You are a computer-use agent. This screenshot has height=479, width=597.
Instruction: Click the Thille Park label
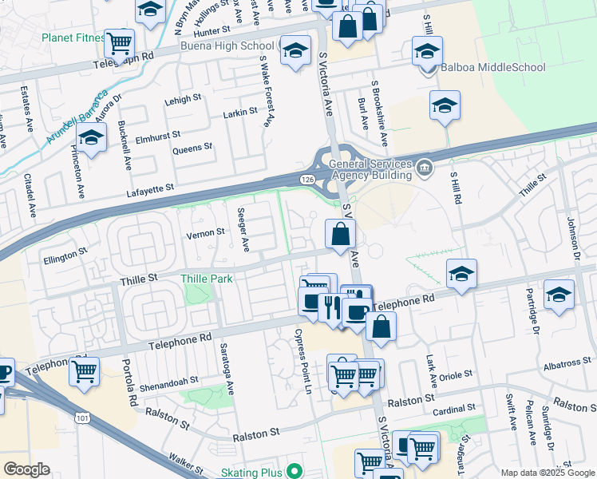(207, 279)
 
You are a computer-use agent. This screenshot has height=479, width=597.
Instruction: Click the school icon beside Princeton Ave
(91, 138)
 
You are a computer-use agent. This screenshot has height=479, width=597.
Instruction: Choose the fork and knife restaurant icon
(330, 306)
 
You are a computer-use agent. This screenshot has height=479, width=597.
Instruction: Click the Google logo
(26, 469)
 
